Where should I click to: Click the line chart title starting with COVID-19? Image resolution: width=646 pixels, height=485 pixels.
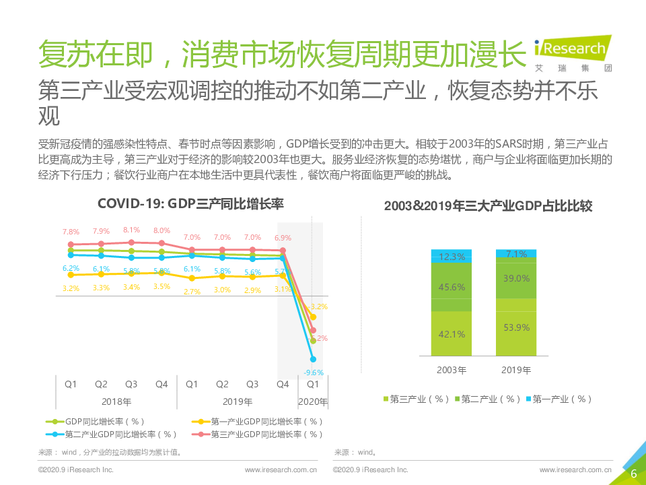click(190, 204)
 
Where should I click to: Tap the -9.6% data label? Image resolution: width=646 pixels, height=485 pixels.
click(314, 373)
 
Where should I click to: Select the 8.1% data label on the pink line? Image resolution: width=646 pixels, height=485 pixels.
click(131, 230)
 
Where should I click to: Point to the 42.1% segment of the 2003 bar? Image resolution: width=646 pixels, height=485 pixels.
click(452, 333)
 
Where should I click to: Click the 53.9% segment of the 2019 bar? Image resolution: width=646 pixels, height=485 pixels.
click(516, 327)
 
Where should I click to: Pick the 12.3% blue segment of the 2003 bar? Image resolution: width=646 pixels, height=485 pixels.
click(452, 256)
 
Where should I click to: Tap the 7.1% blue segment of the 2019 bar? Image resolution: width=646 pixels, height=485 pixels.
click(516, 253)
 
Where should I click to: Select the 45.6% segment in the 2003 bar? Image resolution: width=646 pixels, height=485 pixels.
click(452, 286)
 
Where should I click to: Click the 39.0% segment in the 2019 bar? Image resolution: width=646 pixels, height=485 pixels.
click(516, 278)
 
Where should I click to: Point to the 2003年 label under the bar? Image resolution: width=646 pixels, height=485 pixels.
click(452, 370)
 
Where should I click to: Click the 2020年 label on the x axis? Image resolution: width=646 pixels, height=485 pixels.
click(313, 402)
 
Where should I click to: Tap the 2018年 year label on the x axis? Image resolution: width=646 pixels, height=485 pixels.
click(116, 402)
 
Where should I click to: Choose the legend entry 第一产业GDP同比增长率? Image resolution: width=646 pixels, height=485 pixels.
click(260, 422)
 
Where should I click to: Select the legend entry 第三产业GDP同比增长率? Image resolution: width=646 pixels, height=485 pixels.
click(260, 434)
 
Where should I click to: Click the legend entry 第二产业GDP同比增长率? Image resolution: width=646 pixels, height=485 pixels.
click(114, 434)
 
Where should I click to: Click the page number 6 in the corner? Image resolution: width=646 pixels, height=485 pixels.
click(633, 474)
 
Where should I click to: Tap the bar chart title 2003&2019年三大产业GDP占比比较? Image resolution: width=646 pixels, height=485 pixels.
click(488, 206)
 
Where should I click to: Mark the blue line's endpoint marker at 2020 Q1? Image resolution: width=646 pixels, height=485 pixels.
click(313, 359)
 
